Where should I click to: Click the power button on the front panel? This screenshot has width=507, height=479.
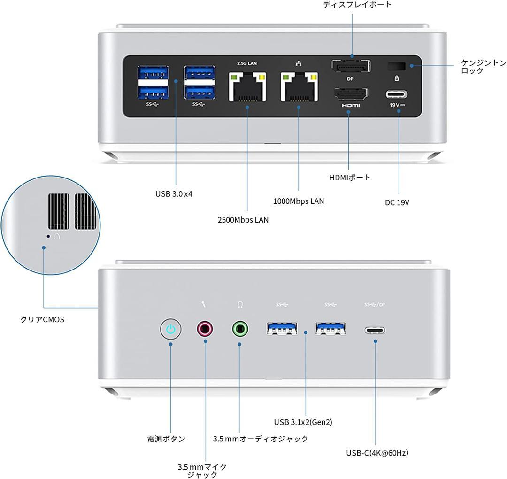(170, 329)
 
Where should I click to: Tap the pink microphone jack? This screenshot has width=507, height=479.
(205, 329)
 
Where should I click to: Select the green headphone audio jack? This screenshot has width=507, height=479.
(240, 329)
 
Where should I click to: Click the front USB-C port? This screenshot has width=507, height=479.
(375, 330)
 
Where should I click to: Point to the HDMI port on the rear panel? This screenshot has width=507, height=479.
(351, 94)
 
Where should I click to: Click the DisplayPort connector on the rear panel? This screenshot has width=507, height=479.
(351, 66)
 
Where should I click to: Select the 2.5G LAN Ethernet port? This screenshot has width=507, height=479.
(247, 87)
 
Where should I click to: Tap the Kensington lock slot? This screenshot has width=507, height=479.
(396, 66)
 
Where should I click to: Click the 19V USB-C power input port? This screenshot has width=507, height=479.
(396, 95)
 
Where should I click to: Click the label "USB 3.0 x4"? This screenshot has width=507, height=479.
(174, 194)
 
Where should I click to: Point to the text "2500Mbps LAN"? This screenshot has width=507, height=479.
(243, 220)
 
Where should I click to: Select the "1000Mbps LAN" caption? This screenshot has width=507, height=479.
(299, 201)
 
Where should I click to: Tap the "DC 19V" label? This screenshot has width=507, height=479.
(397, 202)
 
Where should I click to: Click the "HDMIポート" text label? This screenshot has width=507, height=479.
(350, 177)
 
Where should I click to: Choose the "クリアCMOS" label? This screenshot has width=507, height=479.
(42, 319)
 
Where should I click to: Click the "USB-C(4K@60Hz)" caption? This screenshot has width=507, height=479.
(377, 453)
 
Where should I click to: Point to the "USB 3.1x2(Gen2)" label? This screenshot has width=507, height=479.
(303, 422)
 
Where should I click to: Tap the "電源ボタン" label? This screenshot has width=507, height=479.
(166, 439)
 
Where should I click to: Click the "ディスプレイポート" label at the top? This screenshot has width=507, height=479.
(357, 4)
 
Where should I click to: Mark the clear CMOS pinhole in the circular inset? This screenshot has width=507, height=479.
(48, 237)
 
